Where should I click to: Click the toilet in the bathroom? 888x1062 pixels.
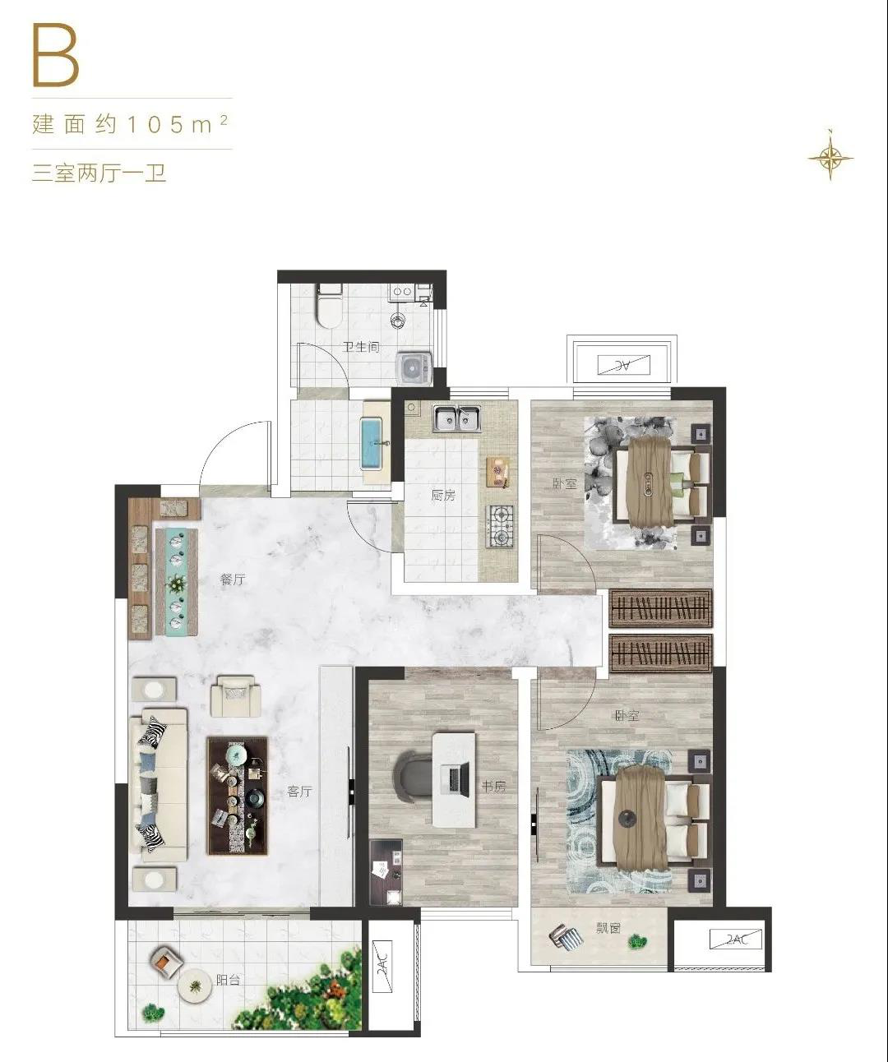[329, 305]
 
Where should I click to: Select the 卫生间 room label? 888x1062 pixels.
[361, 348]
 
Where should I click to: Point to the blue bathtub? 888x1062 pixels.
[374, 443]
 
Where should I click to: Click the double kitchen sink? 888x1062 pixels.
[456, 418]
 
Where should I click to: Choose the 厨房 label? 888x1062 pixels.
[443, 495]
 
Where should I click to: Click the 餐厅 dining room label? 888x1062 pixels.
[233, 579]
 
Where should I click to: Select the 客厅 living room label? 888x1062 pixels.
[300, 792]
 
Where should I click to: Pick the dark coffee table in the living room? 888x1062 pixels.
[237, 796]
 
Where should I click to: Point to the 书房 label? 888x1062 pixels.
[493, 787]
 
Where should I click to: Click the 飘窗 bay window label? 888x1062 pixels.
[608, 928]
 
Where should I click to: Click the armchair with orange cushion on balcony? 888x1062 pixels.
[166, 961]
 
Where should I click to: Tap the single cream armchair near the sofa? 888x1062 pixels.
[236, 695]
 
